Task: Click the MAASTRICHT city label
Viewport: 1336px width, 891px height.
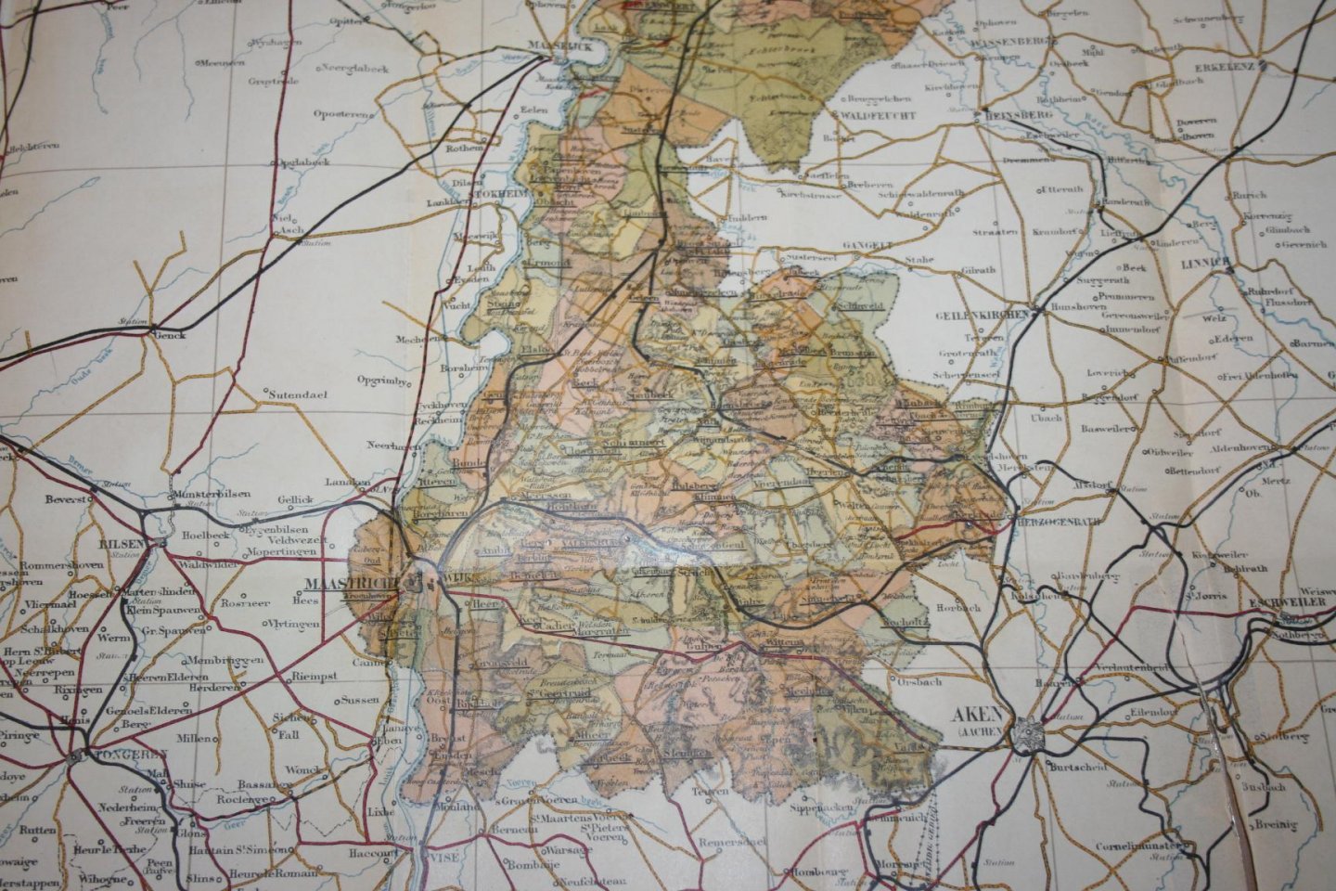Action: [353, 584]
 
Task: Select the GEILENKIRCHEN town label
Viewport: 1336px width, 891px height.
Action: [981, 315]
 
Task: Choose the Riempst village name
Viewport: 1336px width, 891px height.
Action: [311, 677]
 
